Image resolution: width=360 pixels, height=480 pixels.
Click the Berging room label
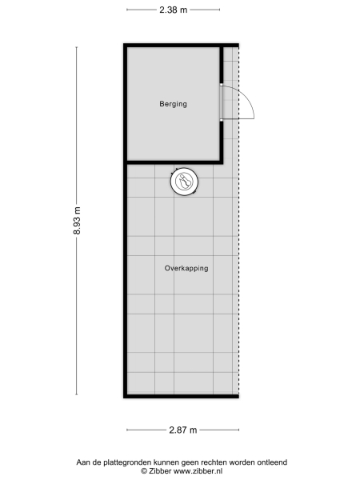pyautogui.click(x=173, y=104)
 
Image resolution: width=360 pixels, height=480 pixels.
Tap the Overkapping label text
pyautogui.click(x=186, y=269)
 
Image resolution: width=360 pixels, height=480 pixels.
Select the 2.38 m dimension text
pyautogui.click(x=173, y=10)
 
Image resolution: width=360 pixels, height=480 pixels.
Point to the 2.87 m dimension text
pyautogui.click(x=183, y=430)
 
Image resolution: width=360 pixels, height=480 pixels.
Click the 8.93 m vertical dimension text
pyautogui.click(x=77, y=221)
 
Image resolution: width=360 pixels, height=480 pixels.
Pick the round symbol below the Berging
pyautogui.click(x=185, y=182)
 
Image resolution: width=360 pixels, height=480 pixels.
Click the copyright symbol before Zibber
pyautogui.click(x=134, y=471)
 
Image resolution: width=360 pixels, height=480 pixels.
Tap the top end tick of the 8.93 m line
pyautogui.click(x=77, y=46)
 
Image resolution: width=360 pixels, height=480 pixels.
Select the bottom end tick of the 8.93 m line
pyautogui.click(x=77, y=394)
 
